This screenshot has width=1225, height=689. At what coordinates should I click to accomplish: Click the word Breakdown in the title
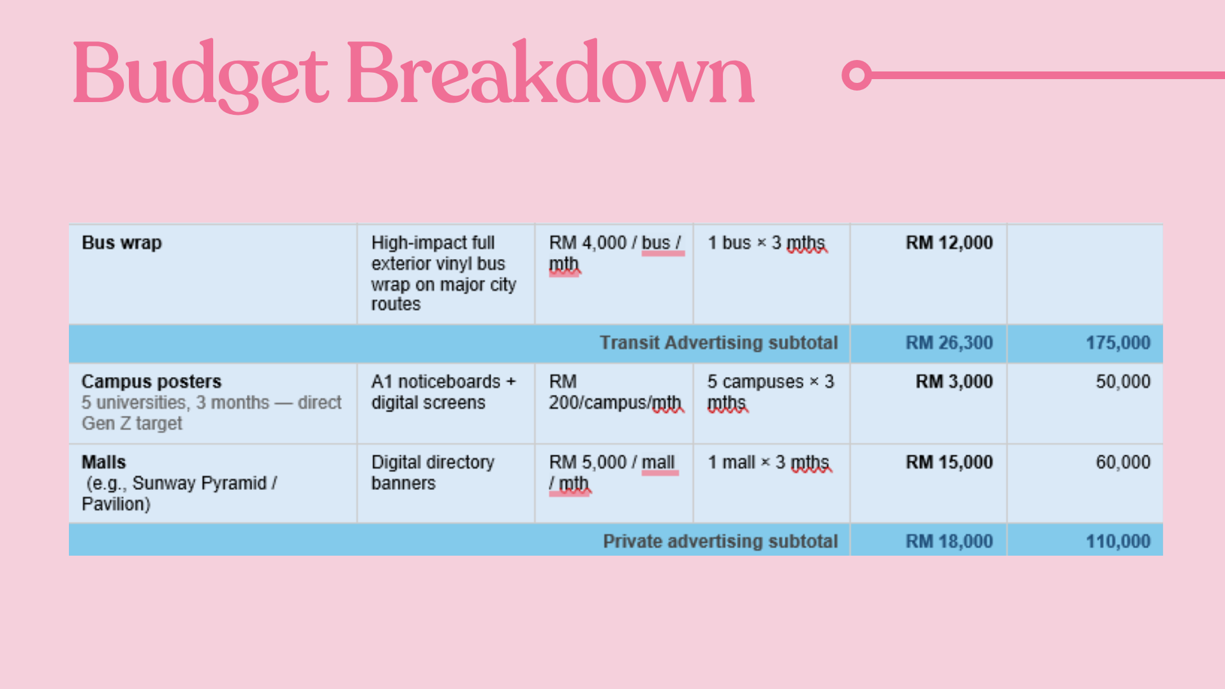point(551,71)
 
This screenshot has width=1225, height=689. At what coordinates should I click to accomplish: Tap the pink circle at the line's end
point(857,75)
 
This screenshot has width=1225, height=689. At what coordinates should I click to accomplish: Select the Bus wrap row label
point(122,243)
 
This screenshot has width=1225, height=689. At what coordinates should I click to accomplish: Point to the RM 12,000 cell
point(949,243)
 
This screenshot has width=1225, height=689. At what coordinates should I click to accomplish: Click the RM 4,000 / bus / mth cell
point(616,254)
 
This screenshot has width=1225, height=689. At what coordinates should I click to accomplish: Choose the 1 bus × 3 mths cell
point(767,243)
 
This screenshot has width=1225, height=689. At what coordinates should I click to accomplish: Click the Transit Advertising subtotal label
point(718,343)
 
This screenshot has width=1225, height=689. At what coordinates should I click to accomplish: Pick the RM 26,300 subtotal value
point(949,343)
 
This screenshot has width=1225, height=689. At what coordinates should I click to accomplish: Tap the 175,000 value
point(1118,343)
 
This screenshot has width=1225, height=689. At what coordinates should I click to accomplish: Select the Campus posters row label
point(152,382)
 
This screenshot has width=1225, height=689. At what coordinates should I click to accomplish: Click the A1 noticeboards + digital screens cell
point(443,392)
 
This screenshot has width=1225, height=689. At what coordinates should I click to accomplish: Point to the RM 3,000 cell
point(954,382)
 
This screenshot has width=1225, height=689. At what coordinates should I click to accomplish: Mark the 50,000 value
point(1124,382)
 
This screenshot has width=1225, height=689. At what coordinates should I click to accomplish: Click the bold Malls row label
point(104,462)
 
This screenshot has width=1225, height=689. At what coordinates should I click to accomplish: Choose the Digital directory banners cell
point(433,473)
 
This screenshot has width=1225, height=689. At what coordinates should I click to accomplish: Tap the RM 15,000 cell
point(949,462)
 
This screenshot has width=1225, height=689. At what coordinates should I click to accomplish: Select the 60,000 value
point(1124,462)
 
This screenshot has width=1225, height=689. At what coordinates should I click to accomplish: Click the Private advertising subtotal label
point(720,542)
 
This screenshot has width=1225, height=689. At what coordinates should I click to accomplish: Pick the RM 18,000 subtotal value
point(949,542)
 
